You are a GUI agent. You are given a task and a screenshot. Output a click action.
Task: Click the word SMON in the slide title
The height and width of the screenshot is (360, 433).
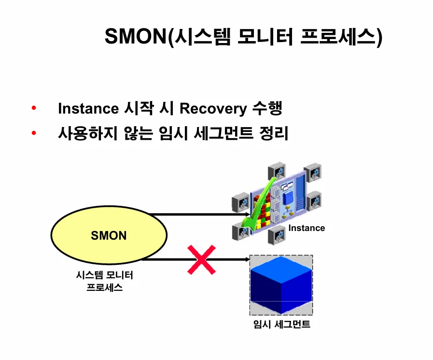point(136,37)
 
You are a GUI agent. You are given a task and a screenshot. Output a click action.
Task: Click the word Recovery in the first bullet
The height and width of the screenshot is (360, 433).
point(213,108)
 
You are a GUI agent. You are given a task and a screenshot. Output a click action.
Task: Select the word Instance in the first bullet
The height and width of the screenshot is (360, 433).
point(88,108)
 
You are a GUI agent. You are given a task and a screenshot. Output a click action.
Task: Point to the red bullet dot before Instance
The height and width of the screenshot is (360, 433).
point(34,108)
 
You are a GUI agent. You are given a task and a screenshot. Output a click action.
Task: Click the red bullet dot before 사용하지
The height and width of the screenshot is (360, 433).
point(34,132)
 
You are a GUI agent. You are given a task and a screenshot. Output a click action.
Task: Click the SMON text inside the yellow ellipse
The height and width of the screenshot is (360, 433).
point(109,236)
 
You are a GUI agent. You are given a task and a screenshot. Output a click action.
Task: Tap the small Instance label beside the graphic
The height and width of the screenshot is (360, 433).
point(307,228)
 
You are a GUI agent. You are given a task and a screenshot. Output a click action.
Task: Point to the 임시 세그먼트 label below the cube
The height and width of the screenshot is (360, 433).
point(282,324)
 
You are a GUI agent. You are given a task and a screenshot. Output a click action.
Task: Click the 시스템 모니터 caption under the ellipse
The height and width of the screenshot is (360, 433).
point(104,275)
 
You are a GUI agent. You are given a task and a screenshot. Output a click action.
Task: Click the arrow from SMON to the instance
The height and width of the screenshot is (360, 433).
point(198,214)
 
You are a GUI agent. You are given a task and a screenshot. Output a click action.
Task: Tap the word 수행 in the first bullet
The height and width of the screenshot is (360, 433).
point(267,108)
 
